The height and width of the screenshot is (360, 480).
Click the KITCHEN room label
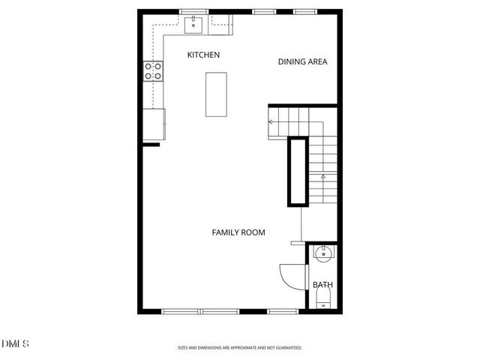click(x=203, y=55)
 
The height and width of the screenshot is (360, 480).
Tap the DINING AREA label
click(x=303, y=62)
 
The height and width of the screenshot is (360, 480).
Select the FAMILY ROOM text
click(x=238, y=232)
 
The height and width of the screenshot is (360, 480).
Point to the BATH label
click(x=322, y=285)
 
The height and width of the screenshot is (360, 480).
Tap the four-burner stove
click(x=153, y=71)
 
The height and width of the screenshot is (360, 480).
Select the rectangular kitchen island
click(x=217, y=94)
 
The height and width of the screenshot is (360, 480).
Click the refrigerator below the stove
click(x=154, y=124)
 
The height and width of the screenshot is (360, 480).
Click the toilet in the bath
click(x=323, y=301)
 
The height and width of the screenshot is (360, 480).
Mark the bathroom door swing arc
click(x=289, y=275)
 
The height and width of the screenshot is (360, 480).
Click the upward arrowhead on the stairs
click(x=323, y=177)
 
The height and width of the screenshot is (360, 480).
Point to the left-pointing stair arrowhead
click(x=271, y=121)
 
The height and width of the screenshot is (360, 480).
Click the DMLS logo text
click(x=15, y=343)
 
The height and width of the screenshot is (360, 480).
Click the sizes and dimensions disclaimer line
click(x=239, y=348)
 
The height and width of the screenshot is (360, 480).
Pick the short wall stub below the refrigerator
click(x=151, y=143)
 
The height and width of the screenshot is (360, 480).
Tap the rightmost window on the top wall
click(x=303, y=11)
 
